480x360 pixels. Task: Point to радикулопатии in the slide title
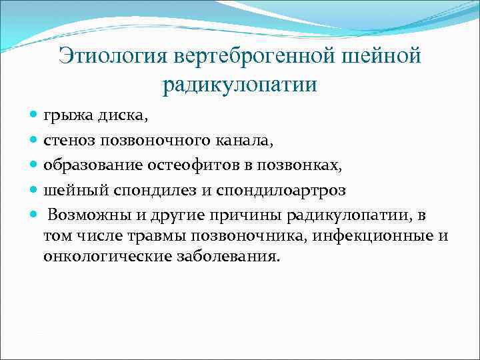coord(239,85)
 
